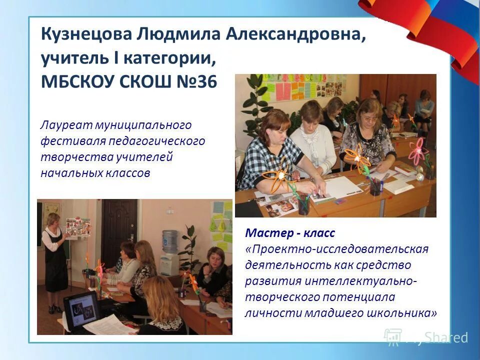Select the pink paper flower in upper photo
[x=417, y=148]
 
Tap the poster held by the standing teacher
[x=78, y=226]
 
